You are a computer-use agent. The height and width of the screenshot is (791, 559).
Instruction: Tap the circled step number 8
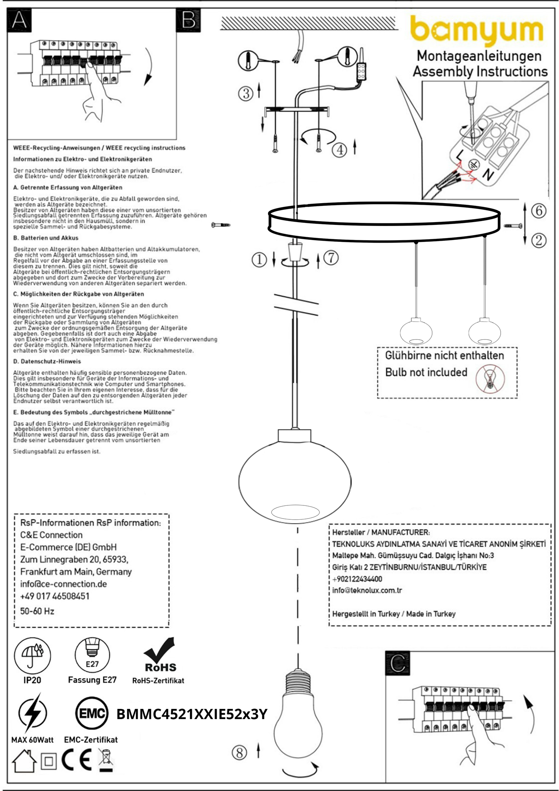coord(239,753)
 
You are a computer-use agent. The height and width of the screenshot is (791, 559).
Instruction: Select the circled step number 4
coord(340,149)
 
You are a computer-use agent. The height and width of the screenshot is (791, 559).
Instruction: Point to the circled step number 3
coord(246,93)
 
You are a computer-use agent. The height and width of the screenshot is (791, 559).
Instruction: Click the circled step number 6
coord(538,211)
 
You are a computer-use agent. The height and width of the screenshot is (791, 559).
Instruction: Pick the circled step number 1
coord(259,259)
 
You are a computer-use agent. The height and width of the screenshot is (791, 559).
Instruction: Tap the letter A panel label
coord(19,20)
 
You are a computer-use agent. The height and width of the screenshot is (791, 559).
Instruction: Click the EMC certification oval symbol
coord(92,713)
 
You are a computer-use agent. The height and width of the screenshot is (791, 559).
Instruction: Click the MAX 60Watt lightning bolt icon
coord(32,713)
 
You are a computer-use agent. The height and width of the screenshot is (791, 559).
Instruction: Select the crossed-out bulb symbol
coord(490,378)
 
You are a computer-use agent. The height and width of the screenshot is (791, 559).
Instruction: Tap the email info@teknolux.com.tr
coord(367,591)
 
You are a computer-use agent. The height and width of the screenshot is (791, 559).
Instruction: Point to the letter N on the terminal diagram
coord(488,175)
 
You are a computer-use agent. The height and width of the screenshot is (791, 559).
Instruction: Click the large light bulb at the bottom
coord(297,720)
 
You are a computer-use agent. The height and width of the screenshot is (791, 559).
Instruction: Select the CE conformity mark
coord(77,760)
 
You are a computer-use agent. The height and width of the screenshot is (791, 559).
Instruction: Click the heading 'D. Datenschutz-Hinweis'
coord(47,361)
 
